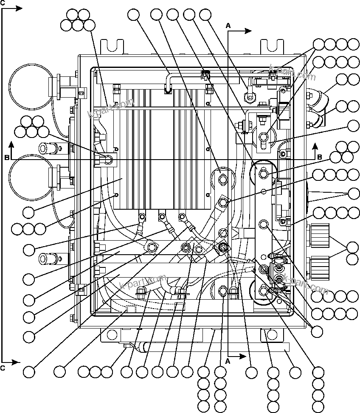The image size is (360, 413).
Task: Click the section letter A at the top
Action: point(228,25)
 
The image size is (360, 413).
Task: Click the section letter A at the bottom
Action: point(228,361)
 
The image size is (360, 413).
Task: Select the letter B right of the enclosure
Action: point(319,157)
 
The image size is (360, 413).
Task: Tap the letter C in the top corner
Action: point(3,3)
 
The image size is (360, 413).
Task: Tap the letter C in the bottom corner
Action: point(3,368)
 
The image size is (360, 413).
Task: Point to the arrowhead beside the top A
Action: point(248,31)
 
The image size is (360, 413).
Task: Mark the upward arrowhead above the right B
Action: point(314,146)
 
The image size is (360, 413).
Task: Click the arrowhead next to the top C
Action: point(19,8)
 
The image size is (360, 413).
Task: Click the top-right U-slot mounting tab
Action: point(272,46)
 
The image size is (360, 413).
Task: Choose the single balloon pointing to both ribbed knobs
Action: point(352,247)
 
